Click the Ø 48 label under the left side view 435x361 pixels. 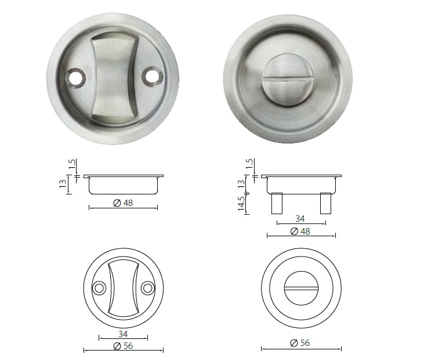[x=122, y=203]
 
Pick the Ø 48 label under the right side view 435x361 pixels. [x=300, y=231]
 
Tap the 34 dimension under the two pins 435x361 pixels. [x=300, y=219]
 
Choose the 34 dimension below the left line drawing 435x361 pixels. [x=122, y=334]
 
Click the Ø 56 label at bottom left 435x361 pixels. [x=122, y=345]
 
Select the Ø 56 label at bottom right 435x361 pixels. [x=300, y=343]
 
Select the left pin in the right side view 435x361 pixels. [x=277, y=203]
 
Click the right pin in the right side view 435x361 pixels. [x=325, y=203]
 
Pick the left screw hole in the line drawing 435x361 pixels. [x=99, y=287]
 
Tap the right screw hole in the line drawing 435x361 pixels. [x=147, y=287]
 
